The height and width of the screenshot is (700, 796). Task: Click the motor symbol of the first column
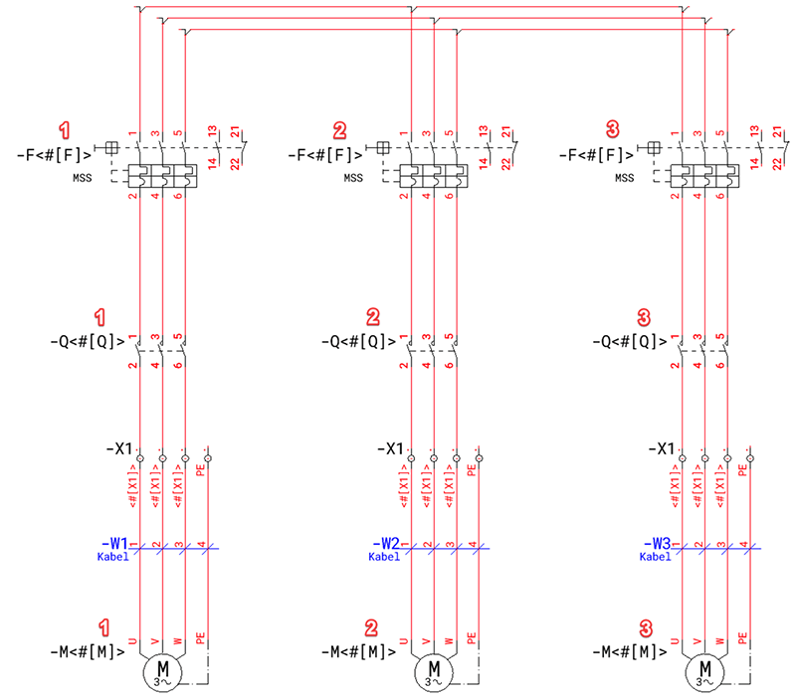[x=160, y=673]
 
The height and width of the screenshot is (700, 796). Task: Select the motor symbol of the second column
[x=433, y=673]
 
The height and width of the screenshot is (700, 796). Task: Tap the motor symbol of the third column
[x=705, y=673]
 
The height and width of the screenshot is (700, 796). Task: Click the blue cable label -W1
[x=116, y=544]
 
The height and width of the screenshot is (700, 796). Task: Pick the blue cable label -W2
[x=389, y=544]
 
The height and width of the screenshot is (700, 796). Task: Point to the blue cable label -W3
[x=662, y=544]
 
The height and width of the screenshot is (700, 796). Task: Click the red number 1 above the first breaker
[x=66, y=130]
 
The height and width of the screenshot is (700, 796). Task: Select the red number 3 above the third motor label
[x=646, y=628]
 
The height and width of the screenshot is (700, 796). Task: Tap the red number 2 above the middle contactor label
[x=373, y=318]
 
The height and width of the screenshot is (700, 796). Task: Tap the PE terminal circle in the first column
[x=207, y=458]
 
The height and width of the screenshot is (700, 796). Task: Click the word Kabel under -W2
[x=385, y=557]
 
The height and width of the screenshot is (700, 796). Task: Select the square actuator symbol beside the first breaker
[x=111, y=149]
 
